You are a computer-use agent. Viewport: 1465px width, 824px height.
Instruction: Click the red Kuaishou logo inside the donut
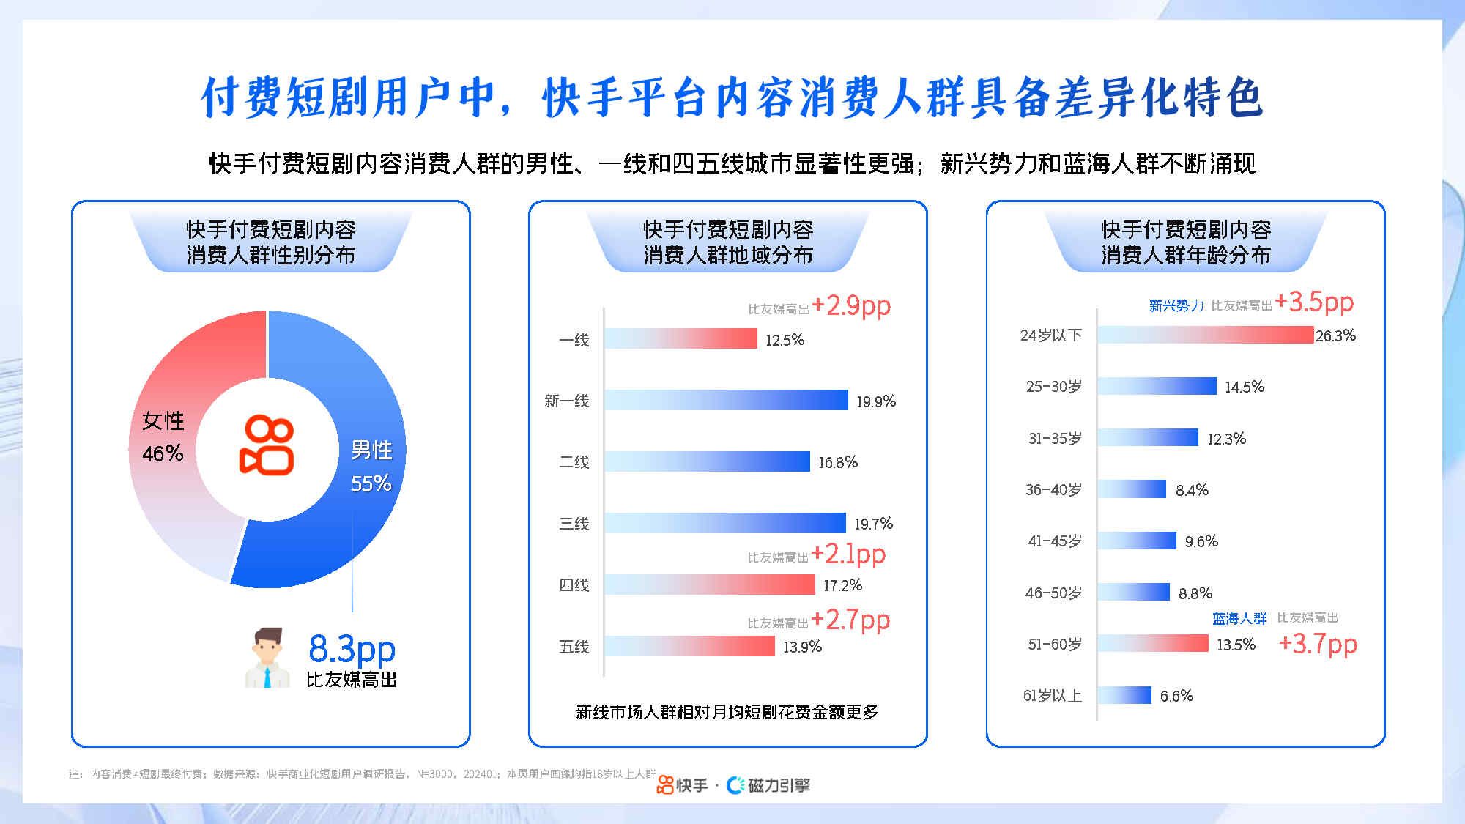pyautogui.click(x=267, y=445)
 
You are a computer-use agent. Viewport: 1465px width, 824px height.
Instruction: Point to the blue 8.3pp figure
pyautogui.click(x=352, y=648)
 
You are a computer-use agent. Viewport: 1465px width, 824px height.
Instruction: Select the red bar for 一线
pyautogui.click(x=680, y=338)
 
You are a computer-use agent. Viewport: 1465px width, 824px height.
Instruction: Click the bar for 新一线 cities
pyautogui.click(x=726, y=400)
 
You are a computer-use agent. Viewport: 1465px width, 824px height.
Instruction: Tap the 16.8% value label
pyautogui.click(x=838, y=462)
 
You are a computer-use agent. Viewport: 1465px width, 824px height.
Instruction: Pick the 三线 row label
pyautogui.click(x=574, y=524)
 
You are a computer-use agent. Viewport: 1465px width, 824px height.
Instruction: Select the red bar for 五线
pyautogui.click(x=689, y=646)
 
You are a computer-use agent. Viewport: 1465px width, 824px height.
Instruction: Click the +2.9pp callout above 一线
pyautogui.click(x=851, y=305)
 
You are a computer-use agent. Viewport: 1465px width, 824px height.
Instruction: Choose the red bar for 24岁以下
pyautogui.click(x=1206, y=335)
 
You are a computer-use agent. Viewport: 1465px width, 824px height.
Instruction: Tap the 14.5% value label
pyautogui.click(x=1245, y=387)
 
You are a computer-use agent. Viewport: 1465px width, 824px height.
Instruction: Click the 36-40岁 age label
pyautogui.click(x=1053, y=490)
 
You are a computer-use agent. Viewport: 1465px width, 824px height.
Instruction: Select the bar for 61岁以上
pyautogui.click(x=1124, y=695)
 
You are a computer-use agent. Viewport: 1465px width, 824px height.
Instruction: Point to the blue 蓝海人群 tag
pyautogui.click(x=1239, y=619)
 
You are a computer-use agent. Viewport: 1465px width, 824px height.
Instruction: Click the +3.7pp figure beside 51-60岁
pyautogui.click(x=1318, y=644)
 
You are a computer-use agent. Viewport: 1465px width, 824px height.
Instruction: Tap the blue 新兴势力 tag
pyautogui.click(x=1176, y=306)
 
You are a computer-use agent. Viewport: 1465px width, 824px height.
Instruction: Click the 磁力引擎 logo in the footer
pyautogui.click(x=768, y=785)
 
